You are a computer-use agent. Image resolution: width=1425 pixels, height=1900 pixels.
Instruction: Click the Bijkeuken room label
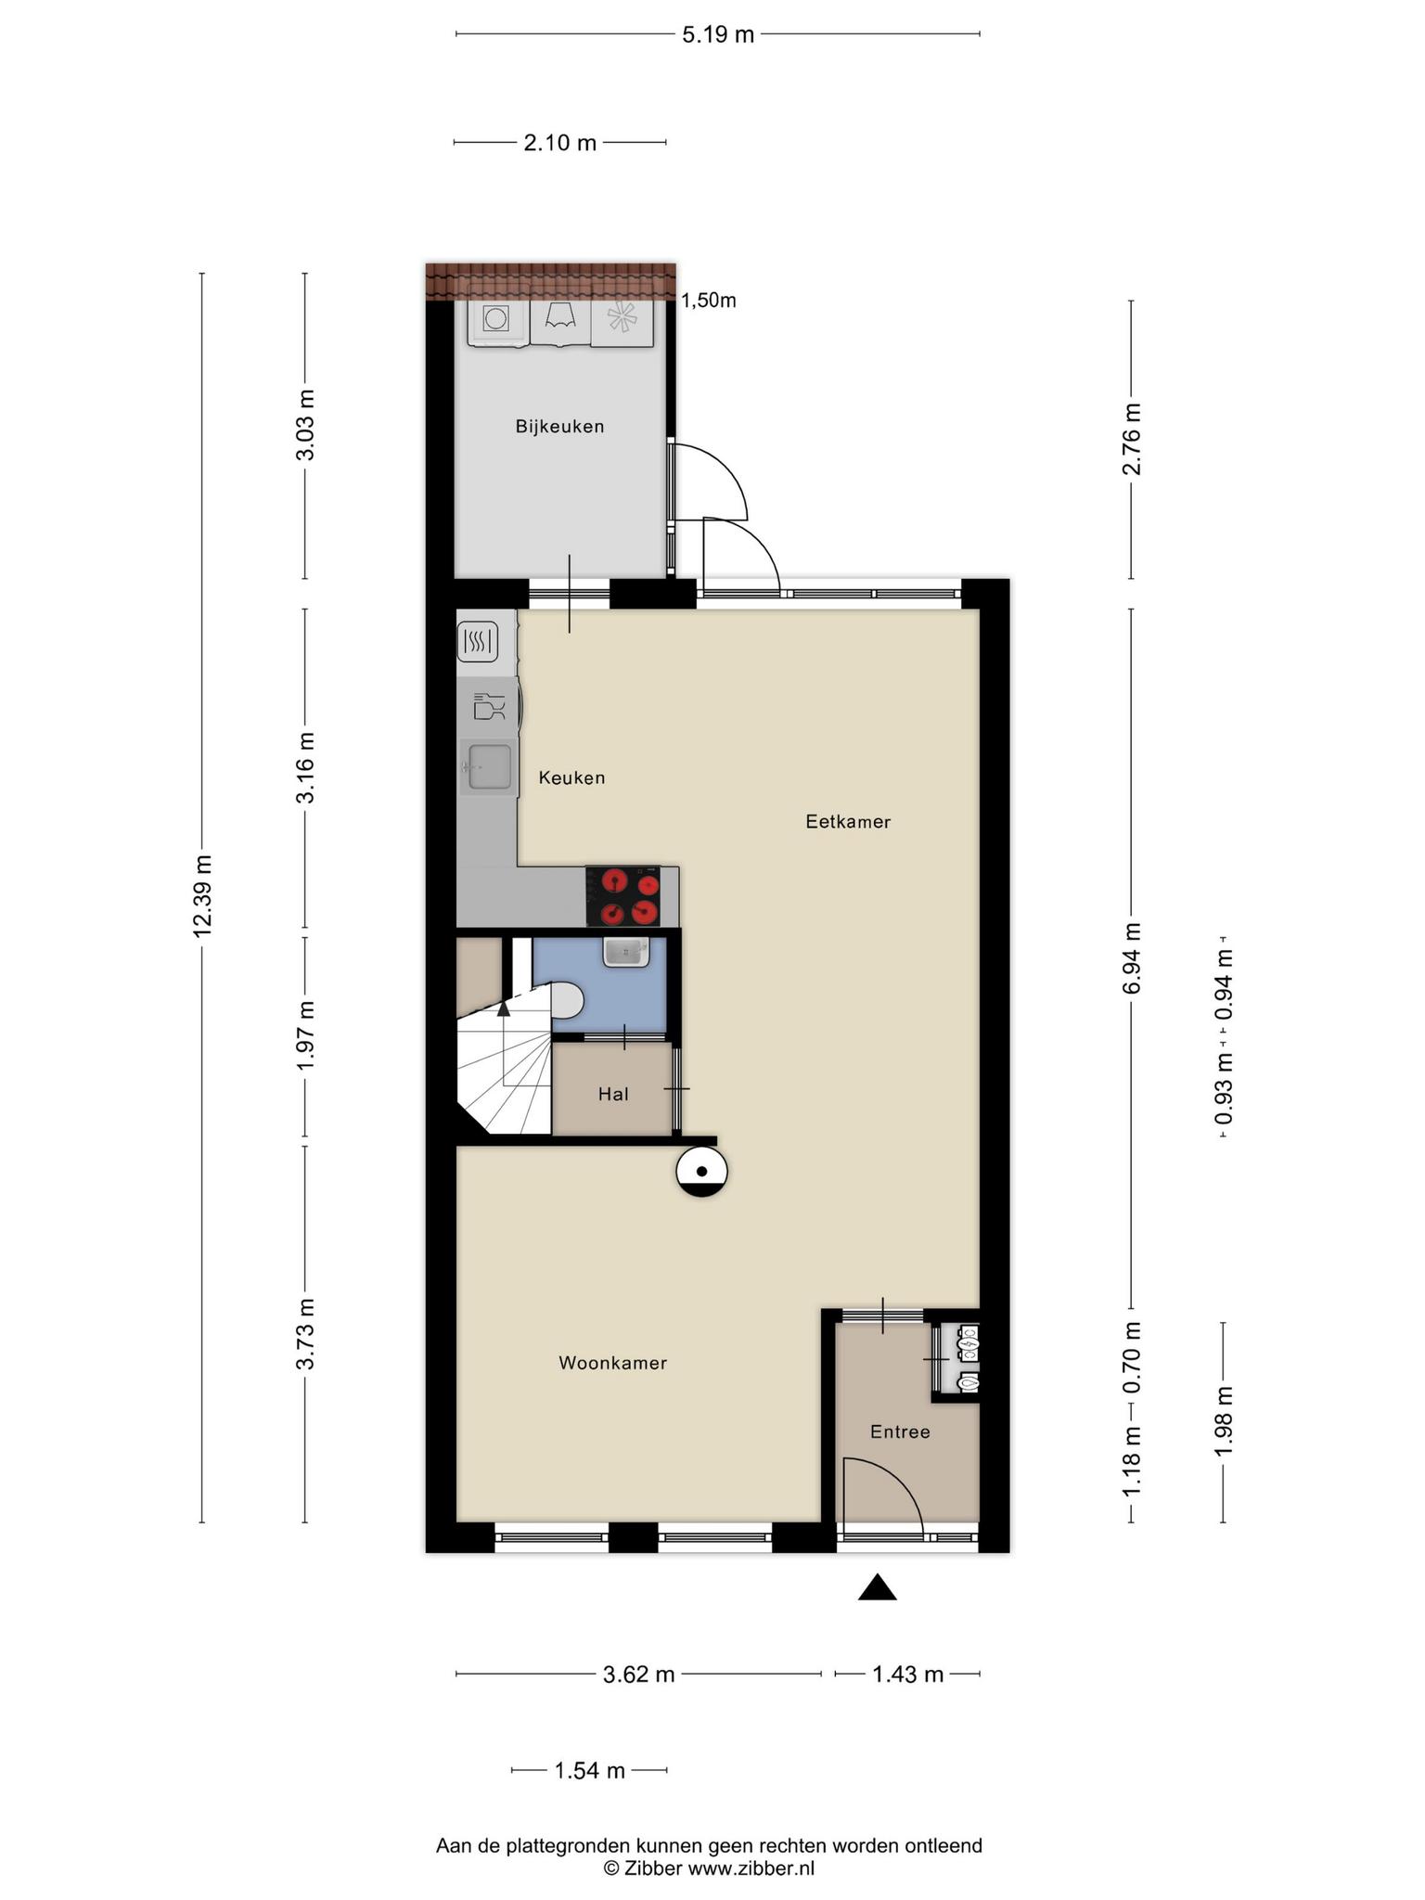(559, 427)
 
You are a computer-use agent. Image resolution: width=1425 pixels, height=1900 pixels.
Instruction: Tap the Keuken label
(571, 777)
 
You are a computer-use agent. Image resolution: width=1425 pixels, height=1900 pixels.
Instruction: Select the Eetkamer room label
(848, 821)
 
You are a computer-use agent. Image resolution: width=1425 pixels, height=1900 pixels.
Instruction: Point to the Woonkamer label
(612, 1363)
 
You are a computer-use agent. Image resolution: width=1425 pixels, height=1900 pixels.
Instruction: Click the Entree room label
(900, 1431)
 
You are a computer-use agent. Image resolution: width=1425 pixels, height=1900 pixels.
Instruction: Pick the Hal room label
(613, 1094)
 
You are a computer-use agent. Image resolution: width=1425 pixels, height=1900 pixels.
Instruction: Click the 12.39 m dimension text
(203, 896)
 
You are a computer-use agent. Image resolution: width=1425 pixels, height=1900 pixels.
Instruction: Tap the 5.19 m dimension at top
(718, 35)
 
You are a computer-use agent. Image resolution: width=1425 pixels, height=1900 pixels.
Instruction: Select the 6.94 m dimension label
(1132, 959)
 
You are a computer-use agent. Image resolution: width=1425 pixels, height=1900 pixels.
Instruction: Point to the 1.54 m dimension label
(590, 1771)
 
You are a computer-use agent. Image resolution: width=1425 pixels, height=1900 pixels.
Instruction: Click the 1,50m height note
(709, 301)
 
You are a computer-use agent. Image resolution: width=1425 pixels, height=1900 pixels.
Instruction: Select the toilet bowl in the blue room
(565, 1001)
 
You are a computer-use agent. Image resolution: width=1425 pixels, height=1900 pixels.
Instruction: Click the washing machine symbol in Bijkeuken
(497, 321)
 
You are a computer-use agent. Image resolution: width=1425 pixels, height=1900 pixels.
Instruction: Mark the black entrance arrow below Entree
(877, 1588)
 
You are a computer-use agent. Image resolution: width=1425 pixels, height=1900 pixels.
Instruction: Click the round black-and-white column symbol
(702, 1172)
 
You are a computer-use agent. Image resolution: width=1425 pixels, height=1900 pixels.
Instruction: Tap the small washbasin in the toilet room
(625, 952)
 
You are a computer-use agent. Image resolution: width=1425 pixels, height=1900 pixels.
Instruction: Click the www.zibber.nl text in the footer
(751, 1868)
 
